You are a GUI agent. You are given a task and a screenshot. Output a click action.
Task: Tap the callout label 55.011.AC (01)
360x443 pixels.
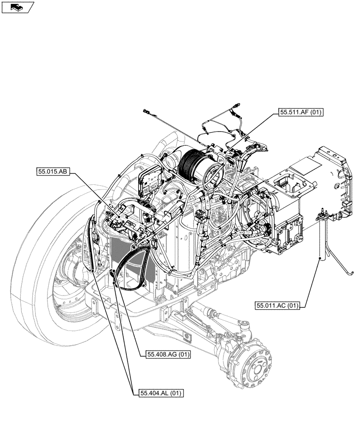point(278,305)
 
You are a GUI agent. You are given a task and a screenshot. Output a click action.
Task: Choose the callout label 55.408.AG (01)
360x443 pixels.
point(168,354)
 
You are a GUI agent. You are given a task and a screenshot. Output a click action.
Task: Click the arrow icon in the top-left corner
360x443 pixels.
point(17,7)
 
